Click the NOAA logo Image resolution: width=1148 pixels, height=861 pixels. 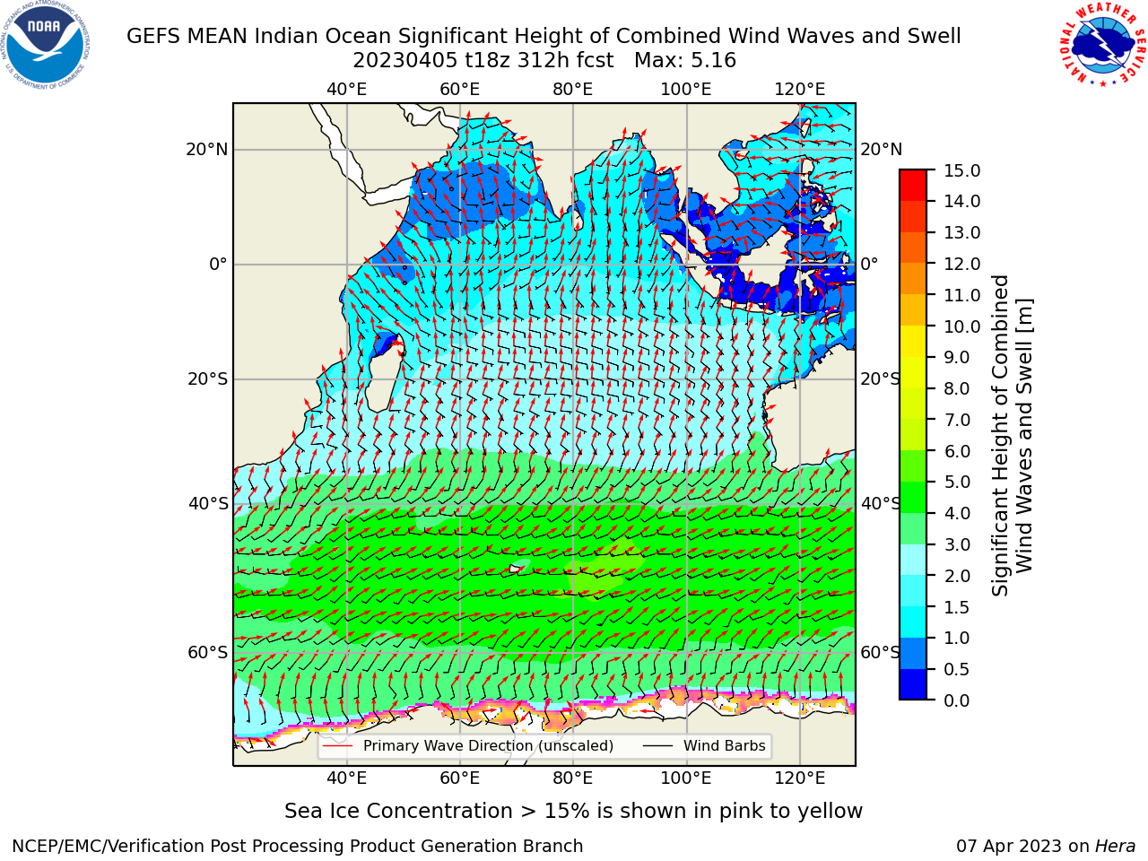(x=46, y=45)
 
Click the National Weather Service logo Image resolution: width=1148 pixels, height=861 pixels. (x=1101, y=44)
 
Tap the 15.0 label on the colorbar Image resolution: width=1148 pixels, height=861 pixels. (x=961, y=170)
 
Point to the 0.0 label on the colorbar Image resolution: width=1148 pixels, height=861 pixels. (x=957, y=700)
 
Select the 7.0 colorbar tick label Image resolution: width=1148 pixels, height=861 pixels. (x=957, y=420)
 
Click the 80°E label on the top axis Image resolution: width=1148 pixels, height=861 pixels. (x=573, y=90)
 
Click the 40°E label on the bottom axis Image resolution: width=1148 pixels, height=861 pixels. (x=347, y=778)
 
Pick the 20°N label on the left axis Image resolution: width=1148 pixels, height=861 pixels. (x=207, y=150)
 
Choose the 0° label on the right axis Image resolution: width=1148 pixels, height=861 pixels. (x=869, y=264)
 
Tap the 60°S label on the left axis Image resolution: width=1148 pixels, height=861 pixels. (x=208, y=652)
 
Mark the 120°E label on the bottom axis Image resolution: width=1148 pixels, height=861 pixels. (x=800, y=778)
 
